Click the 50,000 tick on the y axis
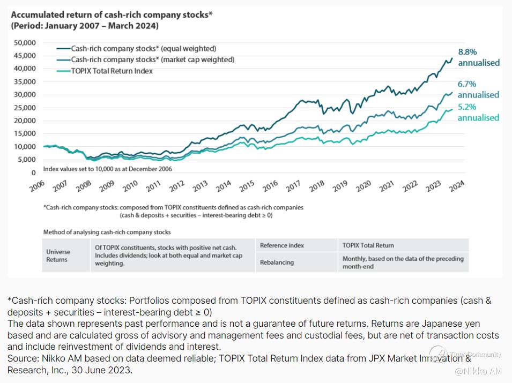pyautogui.click(x=24, y=42)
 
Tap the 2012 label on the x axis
pyautogui.click(x=177, y=186)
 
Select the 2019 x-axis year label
pyautogui.click(x=340, y=186)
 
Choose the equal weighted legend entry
pyautogui.click(x=144, y=49)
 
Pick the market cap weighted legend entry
pyautogui.click(x=152, y=59)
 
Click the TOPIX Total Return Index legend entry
pyautogui.click(x=112, y=71)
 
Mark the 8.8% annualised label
pyautogui.click(x=478, y=57)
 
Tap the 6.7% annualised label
pyautogui.click(x=478, y=89)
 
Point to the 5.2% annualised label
pyautogui.click(x=478, y=112)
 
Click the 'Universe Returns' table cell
pyautogui.click(x=57, y=256)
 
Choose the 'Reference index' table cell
pyautogui.click(x=282, y=245)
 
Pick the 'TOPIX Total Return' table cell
pyautogui.click(x=368, y=245)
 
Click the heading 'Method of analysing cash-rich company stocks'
pyautogui.click(x=107, y=232)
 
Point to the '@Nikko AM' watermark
pyautogui.click(x=479, y=371)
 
